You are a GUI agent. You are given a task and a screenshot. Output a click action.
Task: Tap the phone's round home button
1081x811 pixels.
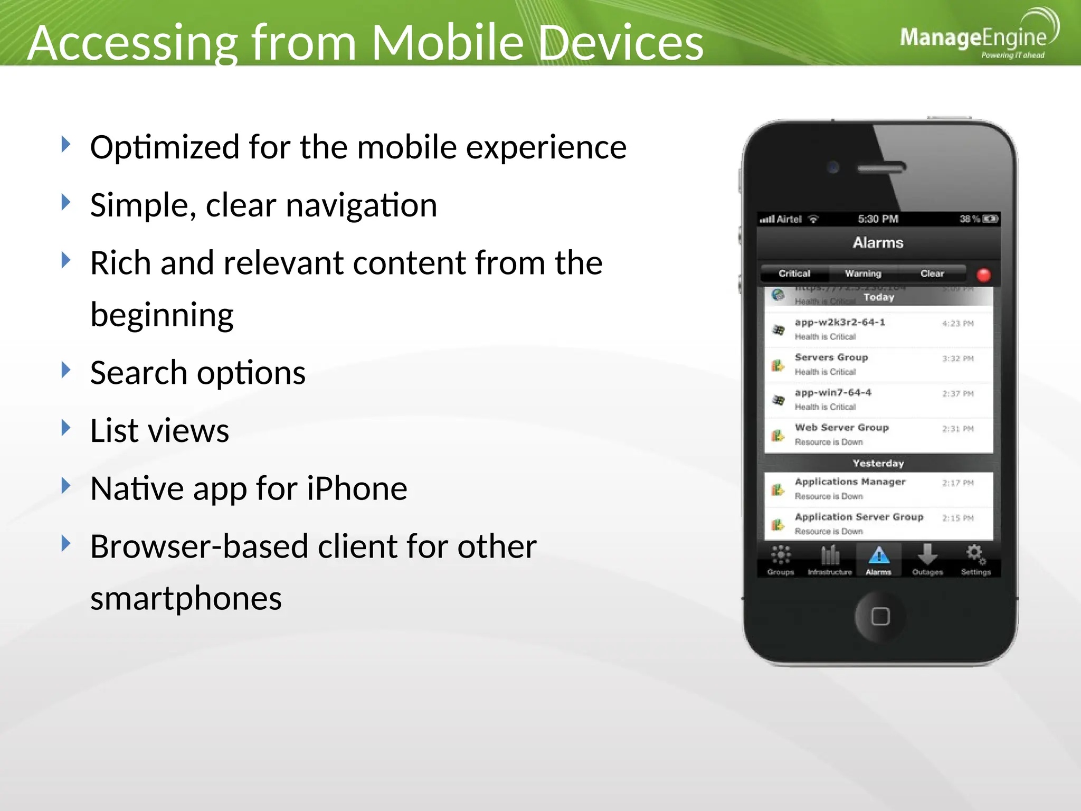coord(880,616)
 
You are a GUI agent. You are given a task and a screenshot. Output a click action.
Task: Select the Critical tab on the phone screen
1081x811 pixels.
coord(794,274)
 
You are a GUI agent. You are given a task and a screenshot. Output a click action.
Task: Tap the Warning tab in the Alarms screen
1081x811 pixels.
coord(863,274)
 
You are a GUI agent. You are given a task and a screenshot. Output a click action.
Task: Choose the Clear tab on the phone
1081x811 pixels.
coord(932,274)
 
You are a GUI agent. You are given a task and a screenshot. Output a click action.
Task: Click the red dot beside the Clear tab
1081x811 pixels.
coord(983,275)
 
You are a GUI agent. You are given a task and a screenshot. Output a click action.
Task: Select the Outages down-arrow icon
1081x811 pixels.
coord(927,555)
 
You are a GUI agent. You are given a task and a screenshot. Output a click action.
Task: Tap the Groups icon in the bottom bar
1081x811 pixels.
coord(781,555)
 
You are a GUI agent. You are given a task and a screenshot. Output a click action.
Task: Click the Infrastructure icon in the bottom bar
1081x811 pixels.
coord(830,555)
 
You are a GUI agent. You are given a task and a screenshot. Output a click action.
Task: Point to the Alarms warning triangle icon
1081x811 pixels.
coord(879,555)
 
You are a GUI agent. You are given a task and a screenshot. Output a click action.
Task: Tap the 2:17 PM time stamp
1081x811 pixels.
coord(957,483)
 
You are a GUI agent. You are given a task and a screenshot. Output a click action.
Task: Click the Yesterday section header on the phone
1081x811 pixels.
coord(878,463)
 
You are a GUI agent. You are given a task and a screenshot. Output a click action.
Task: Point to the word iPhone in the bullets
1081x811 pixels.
coord(357,488)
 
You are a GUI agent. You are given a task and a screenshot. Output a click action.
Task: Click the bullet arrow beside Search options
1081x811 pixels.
coord(66,370)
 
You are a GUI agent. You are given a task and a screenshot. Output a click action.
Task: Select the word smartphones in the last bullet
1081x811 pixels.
coord(186,599)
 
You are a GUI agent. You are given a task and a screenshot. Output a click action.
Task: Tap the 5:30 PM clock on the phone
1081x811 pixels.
coord(878,219)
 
